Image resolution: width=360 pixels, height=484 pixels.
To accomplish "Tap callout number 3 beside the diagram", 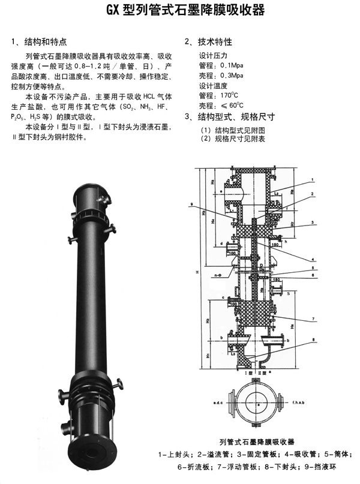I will click(313, 222).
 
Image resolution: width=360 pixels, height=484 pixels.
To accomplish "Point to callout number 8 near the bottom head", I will click(313, 341).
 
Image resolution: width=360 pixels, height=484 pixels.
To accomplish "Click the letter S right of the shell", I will click(289, 294).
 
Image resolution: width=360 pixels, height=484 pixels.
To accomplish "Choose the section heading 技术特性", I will click(213, 43).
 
